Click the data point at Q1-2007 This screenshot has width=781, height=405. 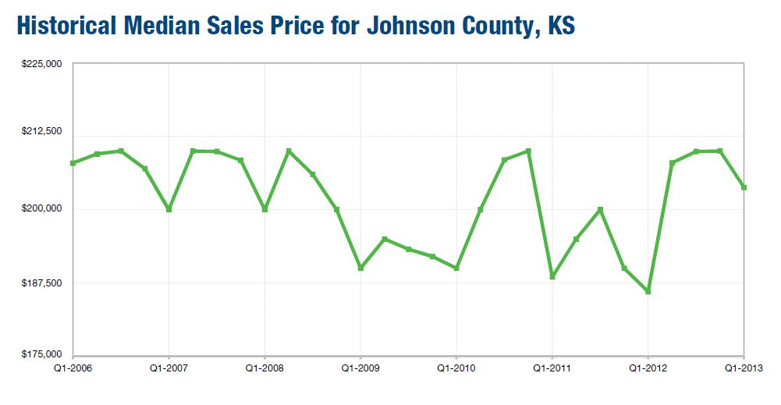169,209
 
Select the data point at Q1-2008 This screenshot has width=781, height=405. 264,209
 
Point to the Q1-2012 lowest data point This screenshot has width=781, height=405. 648,292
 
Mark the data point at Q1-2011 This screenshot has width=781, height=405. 552,276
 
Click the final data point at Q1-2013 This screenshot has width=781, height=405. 744,187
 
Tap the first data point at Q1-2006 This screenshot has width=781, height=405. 73,163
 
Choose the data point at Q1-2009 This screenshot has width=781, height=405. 360,268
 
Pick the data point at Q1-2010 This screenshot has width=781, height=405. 456,268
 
